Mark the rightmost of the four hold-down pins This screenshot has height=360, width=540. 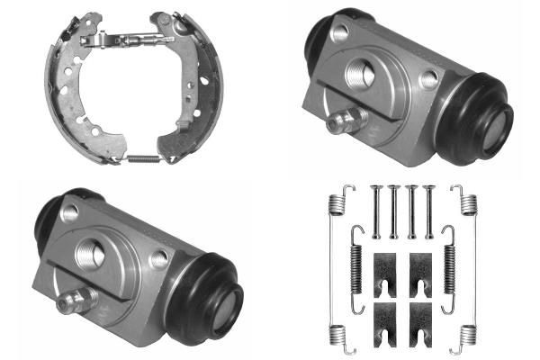tap(430, 212)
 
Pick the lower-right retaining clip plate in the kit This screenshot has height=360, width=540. tap(418, 317)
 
